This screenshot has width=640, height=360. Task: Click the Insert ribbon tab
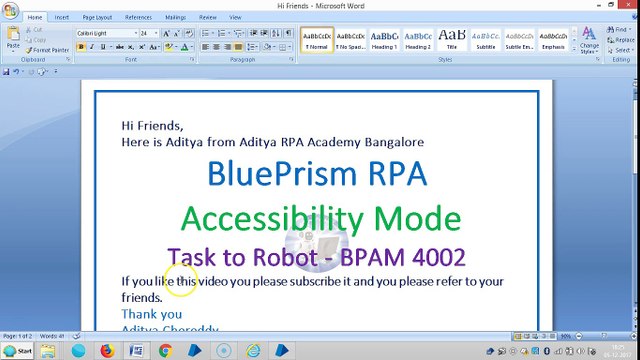point(62,17)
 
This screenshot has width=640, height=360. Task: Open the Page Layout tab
point(97,17)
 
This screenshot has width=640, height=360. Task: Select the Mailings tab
point(175,17)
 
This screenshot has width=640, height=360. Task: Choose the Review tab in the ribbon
point(208,17)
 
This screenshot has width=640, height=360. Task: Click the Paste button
point(13,39)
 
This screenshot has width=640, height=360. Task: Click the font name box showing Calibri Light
point(105,33)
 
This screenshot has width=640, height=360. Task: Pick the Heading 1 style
point(384,39)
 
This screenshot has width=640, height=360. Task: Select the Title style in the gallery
point(451,39)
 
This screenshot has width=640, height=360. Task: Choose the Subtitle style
point(485,39)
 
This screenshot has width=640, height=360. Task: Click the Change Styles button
point(589,41)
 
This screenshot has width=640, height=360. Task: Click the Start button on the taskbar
point(18,351)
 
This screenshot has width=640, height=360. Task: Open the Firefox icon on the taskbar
point(107,351)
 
